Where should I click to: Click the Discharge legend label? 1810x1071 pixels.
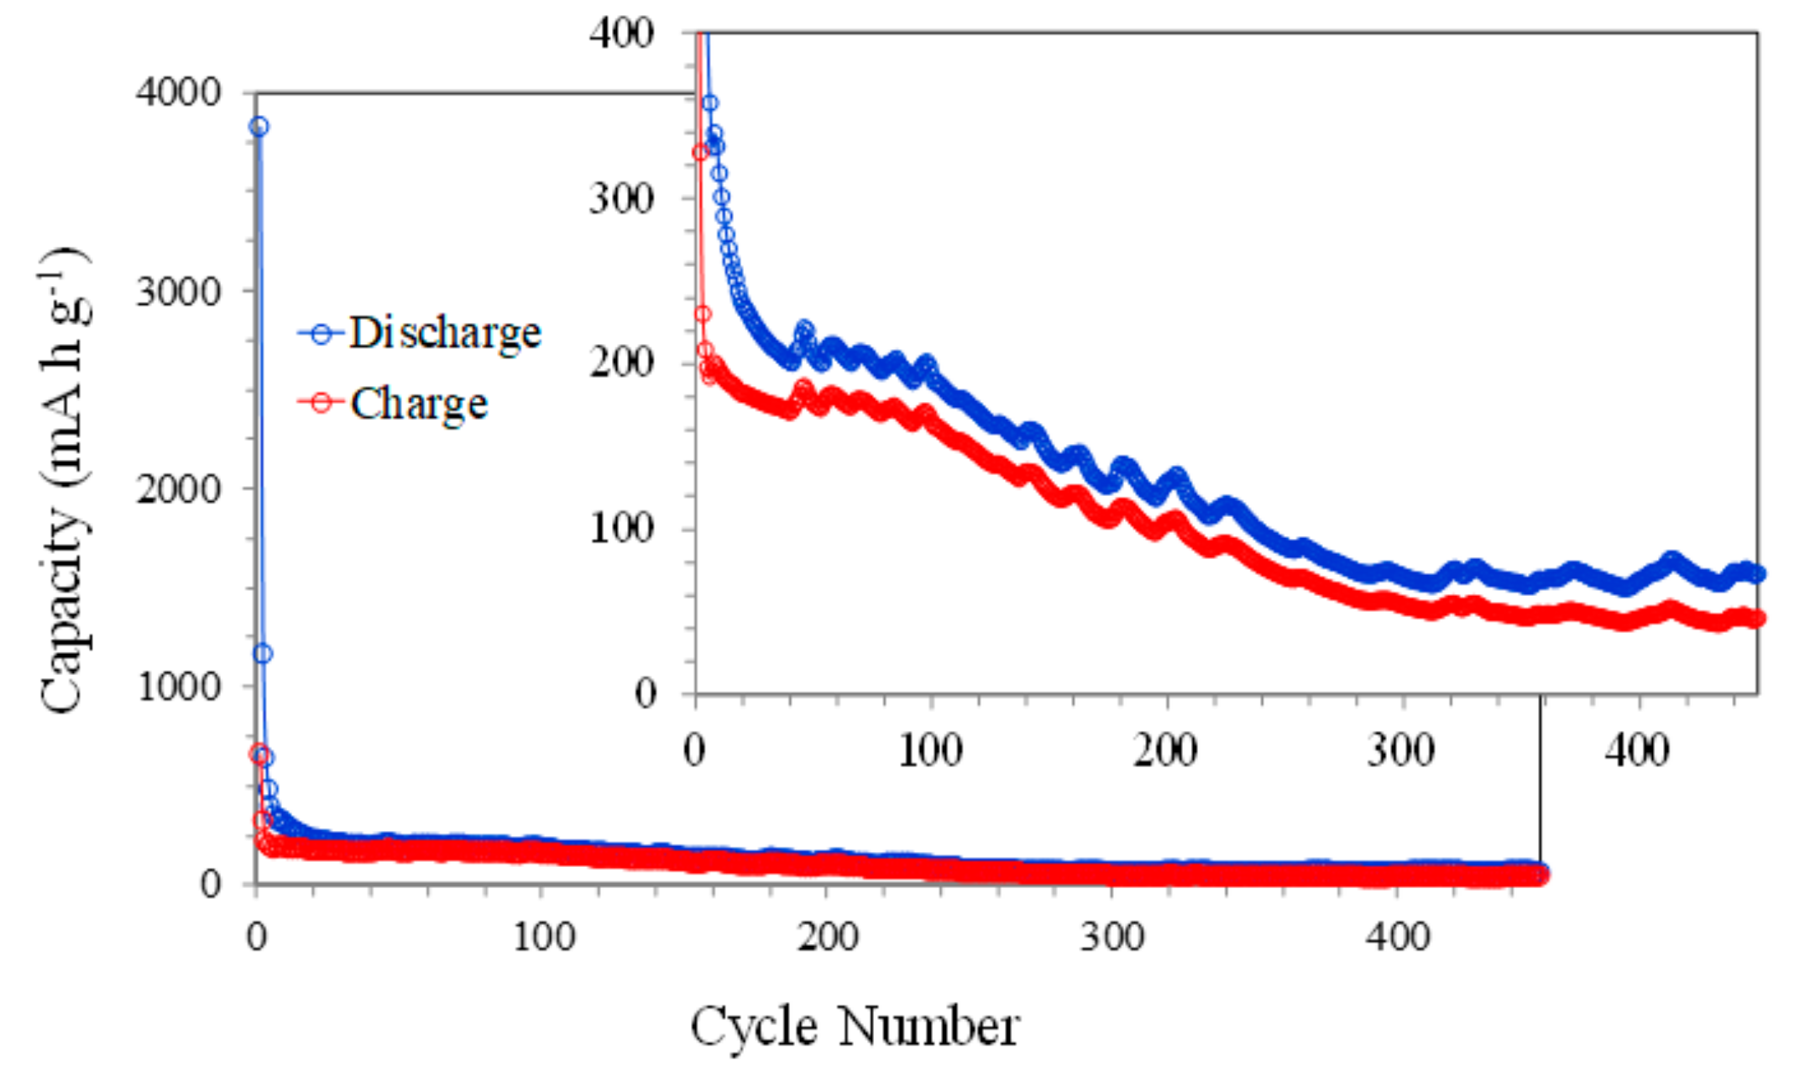445,333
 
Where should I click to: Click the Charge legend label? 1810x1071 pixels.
419,404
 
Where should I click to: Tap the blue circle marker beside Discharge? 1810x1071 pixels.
321,334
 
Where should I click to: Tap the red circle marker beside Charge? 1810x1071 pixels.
321,403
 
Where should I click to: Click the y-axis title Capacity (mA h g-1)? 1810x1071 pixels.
64,481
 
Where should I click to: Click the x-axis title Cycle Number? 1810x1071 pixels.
855,1027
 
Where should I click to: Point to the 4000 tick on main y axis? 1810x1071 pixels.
178,91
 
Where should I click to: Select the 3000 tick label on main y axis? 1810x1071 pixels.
178,290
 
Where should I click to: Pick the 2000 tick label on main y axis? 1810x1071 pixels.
178,488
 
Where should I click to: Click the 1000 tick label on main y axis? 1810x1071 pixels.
178,687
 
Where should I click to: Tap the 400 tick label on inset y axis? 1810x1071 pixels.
620,34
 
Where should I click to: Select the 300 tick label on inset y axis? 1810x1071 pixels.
620,199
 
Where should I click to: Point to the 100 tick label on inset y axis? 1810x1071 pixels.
620,529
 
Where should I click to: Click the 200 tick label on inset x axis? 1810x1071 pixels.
1164,750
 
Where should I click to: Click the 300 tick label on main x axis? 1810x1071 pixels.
1112,935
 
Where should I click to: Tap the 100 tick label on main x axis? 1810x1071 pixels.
543,935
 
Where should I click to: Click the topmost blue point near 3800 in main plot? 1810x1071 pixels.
259,127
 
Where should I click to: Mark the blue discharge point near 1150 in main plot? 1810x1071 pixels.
263,654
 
